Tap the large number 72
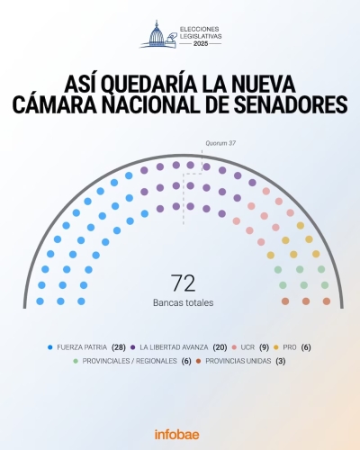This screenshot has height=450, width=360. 183,283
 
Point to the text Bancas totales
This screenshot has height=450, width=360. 183,302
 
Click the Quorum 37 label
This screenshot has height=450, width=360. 220,143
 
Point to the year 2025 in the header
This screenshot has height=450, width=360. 199,43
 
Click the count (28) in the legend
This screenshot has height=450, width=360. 117,346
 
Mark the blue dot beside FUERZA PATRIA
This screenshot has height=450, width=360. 49,346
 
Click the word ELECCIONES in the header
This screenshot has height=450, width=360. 199,28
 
